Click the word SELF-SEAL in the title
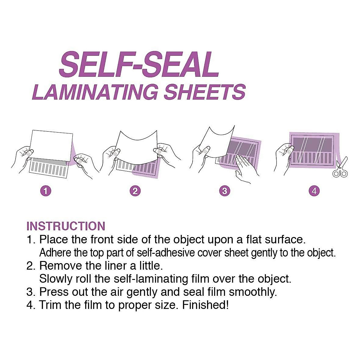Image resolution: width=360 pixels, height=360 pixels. point(139,64)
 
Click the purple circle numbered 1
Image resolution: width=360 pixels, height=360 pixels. point(46,191)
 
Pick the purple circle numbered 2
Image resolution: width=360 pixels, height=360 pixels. point(135,191)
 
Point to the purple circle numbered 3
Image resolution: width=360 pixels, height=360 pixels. point(225,191)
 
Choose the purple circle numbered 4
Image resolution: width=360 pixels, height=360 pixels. point(314,191)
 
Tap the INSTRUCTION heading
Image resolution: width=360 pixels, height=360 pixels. point(66,226)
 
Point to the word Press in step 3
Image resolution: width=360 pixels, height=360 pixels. point(53,292)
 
